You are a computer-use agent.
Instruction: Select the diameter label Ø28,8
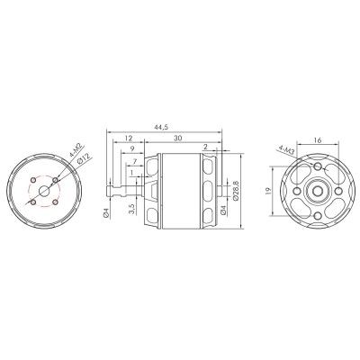(x=237, y=191)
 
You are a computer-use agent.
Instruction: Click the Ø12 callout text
(x=82, y=160)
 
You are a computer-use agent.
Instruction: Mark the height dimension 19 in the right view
(x=268, y=191)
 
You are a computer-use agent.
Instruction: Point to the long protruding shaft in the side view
(x=120, y=191)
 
